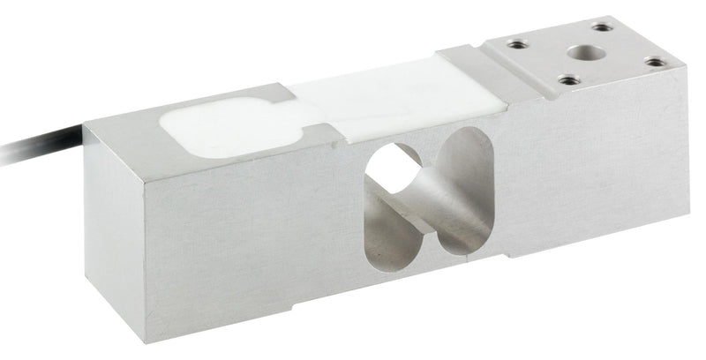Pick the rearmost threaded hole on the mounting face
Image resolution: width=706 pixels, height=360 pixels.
tap(603, 27)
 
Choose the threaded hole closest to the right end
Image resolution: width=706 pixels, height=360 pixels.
tap(654, 62)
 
